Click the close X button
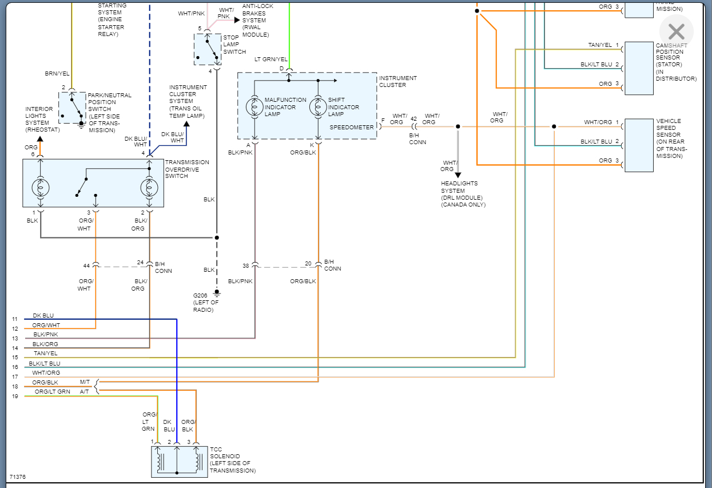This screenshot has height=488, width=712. [676, 31]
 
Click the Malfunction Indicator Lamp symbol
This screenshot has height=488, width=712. [253, 107]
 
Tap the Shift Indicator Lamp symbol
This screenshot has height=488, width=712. [317, 107]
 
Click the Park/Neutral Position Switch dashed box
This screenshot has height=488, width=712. [71, 107]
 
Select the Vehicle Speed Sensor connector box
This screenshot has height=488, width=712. [639, 145]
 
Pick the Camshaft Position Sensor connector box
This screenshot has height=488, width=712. [639, 68]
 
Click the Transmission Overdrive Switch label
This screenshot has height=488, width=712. [187, 169]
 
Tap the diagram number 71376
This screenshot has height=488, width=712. [17, 477]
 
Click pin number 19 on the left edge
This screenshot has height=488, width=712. [15, 396]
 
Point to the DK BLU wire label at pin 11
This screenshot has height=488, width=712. [43, 316]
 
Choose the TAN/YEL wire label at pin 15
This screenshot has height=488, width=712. [45, 354]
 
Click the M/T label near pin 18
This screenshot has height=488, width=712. [85, 382]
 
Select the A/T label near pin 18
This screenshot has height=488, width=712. [84, 391]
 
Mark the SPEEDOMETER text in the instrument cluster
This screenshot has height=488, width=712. [351, 128]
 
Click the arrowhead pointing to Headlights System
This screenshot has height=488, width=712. [458, 174]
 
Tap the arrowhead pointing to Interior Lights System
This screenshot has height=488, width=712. [39, 138]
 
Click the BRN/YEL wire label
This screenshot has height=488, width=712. [57, 74]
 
